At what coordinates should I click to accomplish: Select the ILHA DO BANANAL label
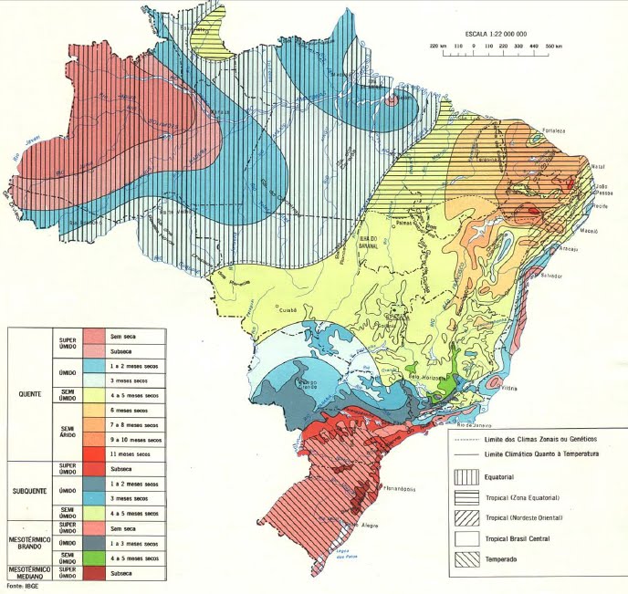point(372,240)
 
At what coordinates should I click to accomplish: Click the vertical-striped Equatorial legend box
point(466,476)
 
